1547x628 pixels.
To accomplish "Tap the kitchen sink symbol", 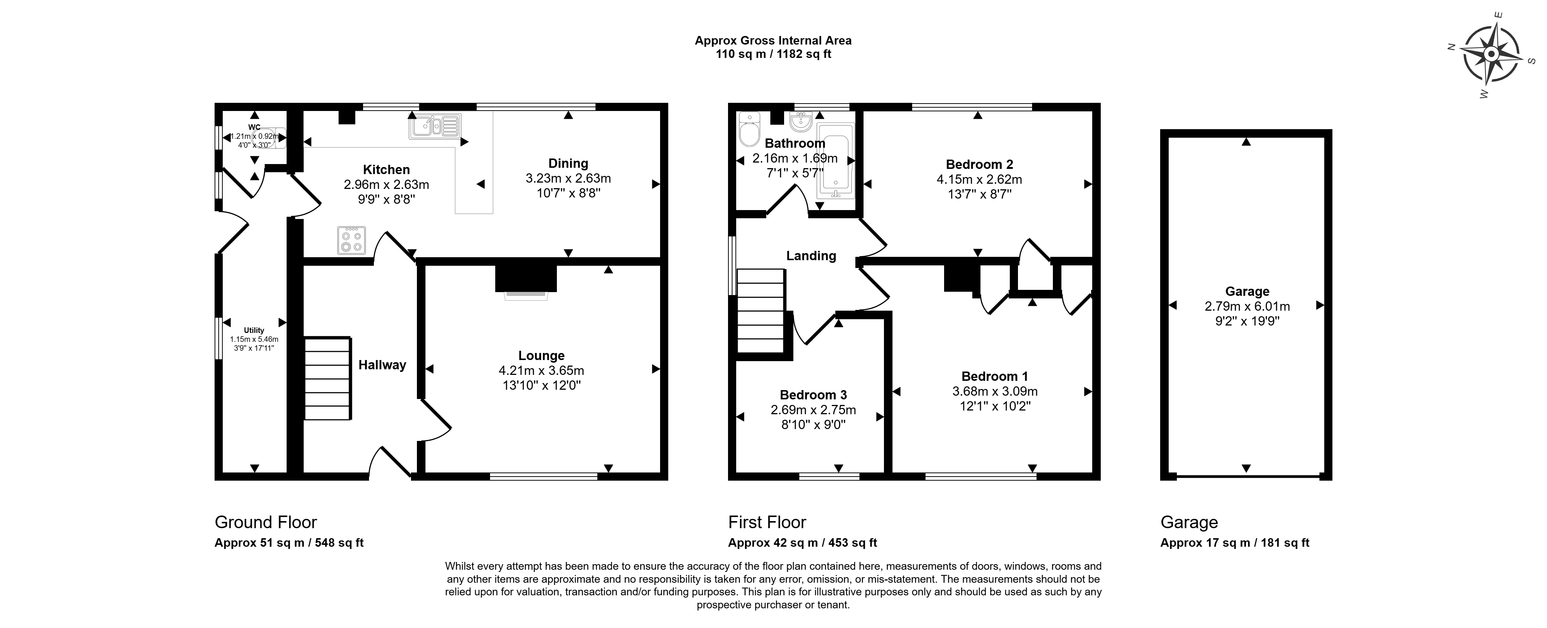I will [x=435, y=127].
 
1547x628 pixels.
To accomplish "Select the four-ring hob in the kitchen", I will [x=351, y=240].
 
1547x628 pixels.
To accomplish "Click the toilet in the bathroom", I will [x=750, y=129].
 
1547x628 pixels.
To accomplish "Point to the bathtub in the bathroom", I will [x=835, y=161].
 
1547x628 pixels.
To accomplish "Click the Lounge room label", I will [x=541, y=356].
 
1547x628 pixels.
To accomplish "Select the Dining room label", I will [x=568, y=163].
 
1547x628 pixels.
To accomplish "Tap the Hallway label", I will [x=382, y=365].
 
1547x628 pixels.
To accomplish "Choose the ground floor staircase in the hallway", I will [x=328, y=378].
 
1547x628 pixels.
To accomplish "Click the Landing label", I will [x=811, y=256].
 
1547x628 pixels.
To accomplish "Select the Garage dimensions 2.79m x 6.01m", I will [x=1247, y=306].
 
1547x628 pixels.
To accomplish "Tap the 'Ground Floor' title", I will [x=265, y=522].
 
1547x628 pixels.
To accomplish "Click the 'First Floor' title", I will [x=767, y=522].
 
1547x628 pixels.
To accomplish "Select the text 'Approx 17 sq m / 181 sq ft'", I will [x=1235, y=543].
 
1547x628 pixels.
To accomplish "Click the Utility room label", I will [x=254, y=330].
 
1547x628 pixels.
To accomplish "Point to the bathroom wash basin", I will [x=800, y=122].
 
